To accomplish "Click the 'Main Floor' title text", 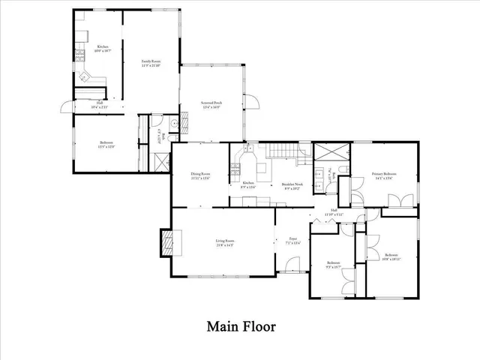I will click(241, 327).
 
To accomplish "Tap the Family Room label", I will click(152, 63).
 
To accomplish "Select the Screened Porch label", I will click(211, 104).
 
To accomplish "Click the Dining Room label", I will click(199, 176).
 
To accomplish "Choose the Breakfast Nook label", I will click(292, 186).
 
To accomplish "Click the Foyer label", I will click(292, 241).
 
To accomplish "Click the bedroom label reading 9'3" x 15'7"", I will click(334, 265).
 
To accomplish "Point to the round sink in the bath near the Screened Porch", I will click(173, 124).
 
